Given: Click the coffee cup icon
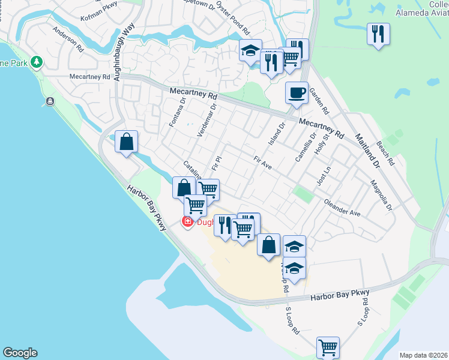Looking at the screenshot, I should [297, 93].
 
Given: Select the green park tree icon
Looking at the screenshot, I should [37, 62].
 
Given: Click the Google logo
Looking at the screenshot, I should [20, 353].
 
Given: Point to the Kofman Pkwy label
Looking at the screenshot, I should [100, 10].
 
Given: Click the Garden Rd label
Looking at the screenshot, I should [322, 103].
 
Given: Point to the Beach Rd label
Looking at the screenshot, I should [385, 154].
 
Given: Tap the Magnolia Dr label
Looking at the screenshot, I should [381, 196].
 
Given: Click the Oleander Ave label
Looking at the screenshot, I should [342, 208].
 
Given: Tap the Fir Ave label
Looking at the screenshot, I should [263, 163].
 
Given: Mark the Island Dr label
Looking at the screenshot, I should [280, 137].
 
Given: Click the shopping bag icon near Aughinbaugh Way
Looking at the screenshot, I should [127, 142].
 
